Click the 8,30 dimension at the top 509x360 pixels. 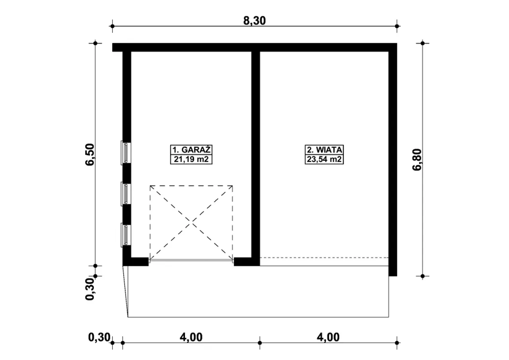tap(254, 21)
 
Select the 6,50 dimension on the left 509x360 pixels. tap(90, 155)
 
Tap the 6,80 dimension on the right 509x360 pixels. tap(417, 160)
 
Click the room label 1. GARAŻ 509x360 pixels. tap(191, 150)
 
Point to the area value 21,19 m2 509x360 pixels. tap(191, 159)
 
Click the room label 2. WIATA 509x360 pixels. tap(324, 150)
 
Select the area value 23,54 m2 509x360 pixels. tap(324, 159)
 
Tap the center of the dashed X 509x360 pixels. tap(191, 223)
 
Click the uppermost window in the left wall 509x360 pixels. tap(126, 153)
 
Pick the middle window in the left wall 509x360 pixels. tap(126, 194)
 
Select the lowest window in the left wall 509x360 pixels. tap(126, 235)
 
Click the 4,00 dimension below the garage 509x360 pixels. tap(191, 337)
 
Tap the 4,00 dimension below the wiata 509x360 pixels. tap(328, 337)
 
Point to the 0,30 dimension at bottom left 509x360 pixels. tap(99, 337)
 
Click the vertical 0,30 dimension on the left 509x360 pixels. tap(90, 289)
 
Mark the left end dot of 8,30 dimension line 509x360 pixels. tap(112, 26)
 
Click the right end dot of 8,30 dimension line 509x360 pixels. tap(397, 26)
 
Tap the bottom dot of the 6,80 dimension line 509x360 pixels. tap(423, 276)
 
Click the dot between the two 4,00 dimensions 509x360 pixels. tap(260, 343)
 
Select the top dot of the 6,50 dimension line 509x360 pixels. tap(95, 43)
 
